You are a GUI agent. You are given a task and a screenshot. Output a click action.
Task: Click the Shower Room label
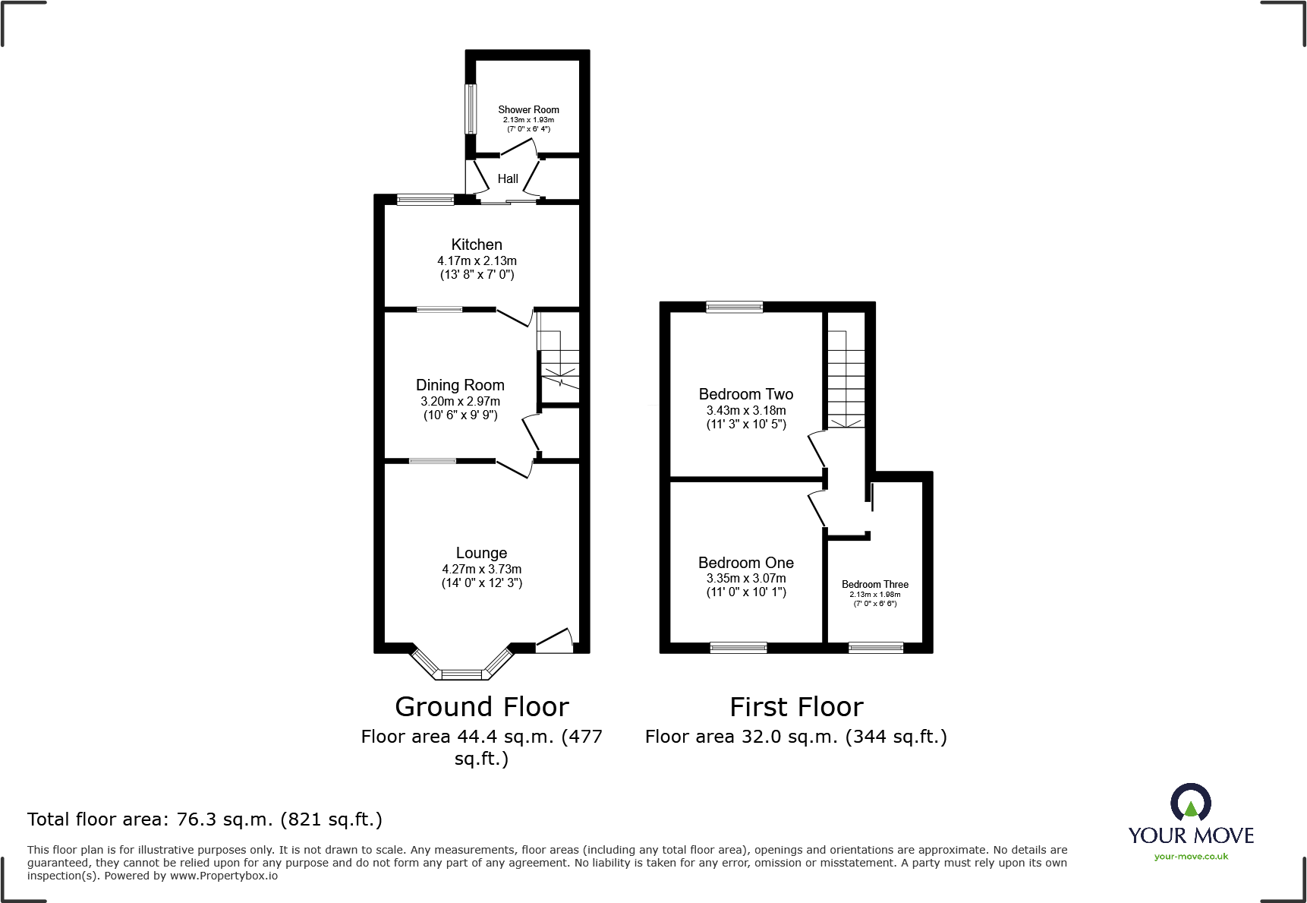[528, 109]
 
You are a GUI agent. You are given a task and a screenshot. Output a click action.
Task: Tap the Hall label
[508, 179]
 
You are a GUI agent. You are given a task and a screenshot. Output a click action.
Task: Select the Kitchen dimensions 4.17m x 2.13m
[477, 260]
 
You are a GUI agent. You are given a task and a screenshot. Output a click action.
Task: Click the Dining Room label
[460, 385]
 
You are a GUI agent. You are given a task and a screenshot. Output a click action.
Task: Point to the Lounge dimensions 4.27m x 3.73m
[481, 569]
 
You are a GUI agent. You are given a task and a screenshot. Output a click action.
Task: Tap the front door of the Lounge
[554, 643]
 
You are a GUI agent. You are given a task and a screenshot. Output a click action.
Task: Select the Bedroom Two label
[745, 394]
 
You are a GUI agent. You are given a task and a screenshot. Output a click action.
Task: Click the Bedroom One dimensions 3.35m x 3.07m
[745, 578]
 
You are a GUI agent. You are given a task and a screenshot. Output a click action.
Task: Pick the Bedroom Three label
[874, 584]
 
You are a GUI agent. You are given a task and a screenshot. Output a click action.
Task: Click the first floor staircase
[846, 380]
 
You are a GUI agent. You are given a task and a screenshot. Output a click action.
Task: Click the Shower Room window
[471, 109]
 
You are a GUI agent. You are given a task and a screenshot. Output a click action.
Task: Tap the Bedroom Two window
[734, 307]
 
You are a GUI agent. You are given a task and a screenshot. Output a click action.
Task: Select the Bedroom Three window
[875, 647]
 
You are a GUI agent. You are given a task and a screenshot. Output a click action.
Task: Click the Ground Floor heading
[482, 707]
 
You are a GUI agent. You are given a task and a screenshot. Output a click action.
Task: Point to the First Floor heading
[796, 707]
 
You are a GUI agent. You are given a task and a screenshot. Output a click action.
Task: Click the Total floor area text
[205, 819]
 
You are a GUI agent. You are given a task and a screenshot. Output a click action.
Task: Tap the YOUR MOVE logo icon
[1190, 802]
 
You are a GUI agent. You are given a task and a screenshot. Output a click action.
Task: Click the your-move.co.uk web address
[1190, 857]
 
